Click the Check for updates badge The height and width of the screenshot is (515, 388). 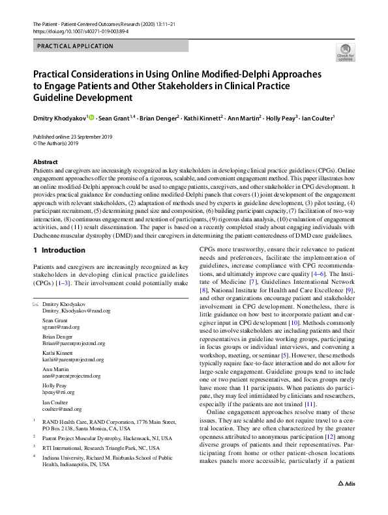(345, 52)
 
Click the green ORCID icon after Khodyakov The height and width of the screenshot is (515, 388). (92, 118)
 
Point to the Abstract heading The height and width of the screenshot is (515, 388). (45, 162)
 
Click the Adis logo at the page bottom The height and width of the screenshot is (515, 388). (346, 501)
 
